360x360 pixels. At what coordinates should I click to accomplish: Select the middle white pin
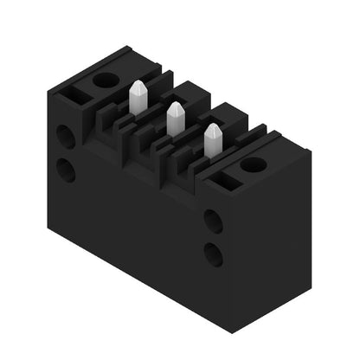point(174,119)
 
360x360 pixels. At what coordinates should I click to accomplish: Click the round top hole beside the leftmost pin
point(105,80)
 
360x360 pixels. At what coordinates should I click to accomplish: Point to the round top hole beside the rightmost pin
point(253,164)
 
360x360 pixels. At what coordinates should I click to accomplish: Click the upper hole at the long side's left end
point(66,136)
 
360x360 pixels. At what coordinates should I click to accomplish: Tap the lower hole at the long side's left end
point(66,170)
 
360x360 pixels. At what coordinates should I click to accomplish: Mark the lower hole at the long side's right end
point(213,254)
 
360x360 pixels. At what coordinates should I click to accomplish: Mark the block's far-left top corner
point(48,87)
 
